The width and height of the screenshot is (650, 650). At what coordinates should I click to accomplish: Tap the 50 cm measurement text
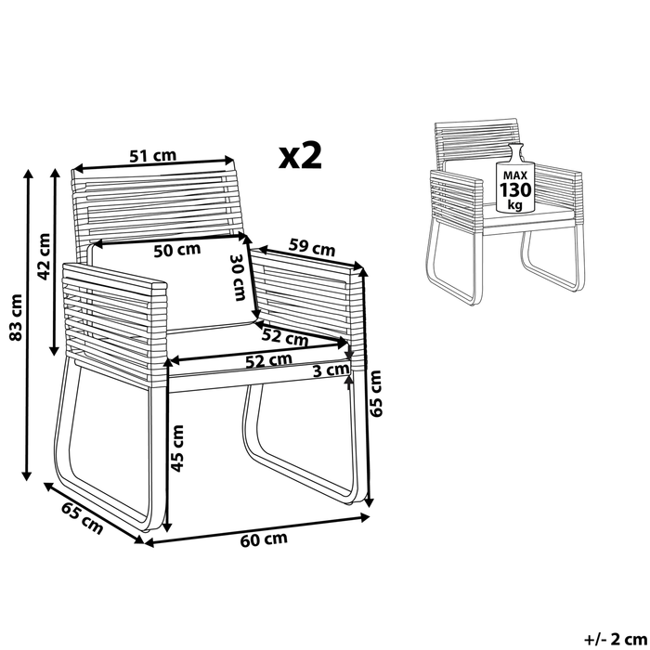176,249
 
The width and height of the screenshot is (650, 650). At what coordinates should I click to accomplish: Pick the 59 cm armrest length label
311,248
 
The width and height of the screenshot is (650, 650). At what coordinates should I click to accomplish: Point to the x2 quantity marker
300,156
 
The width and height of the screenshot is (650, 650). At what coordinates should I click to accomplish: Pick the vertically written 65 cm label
375,394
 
